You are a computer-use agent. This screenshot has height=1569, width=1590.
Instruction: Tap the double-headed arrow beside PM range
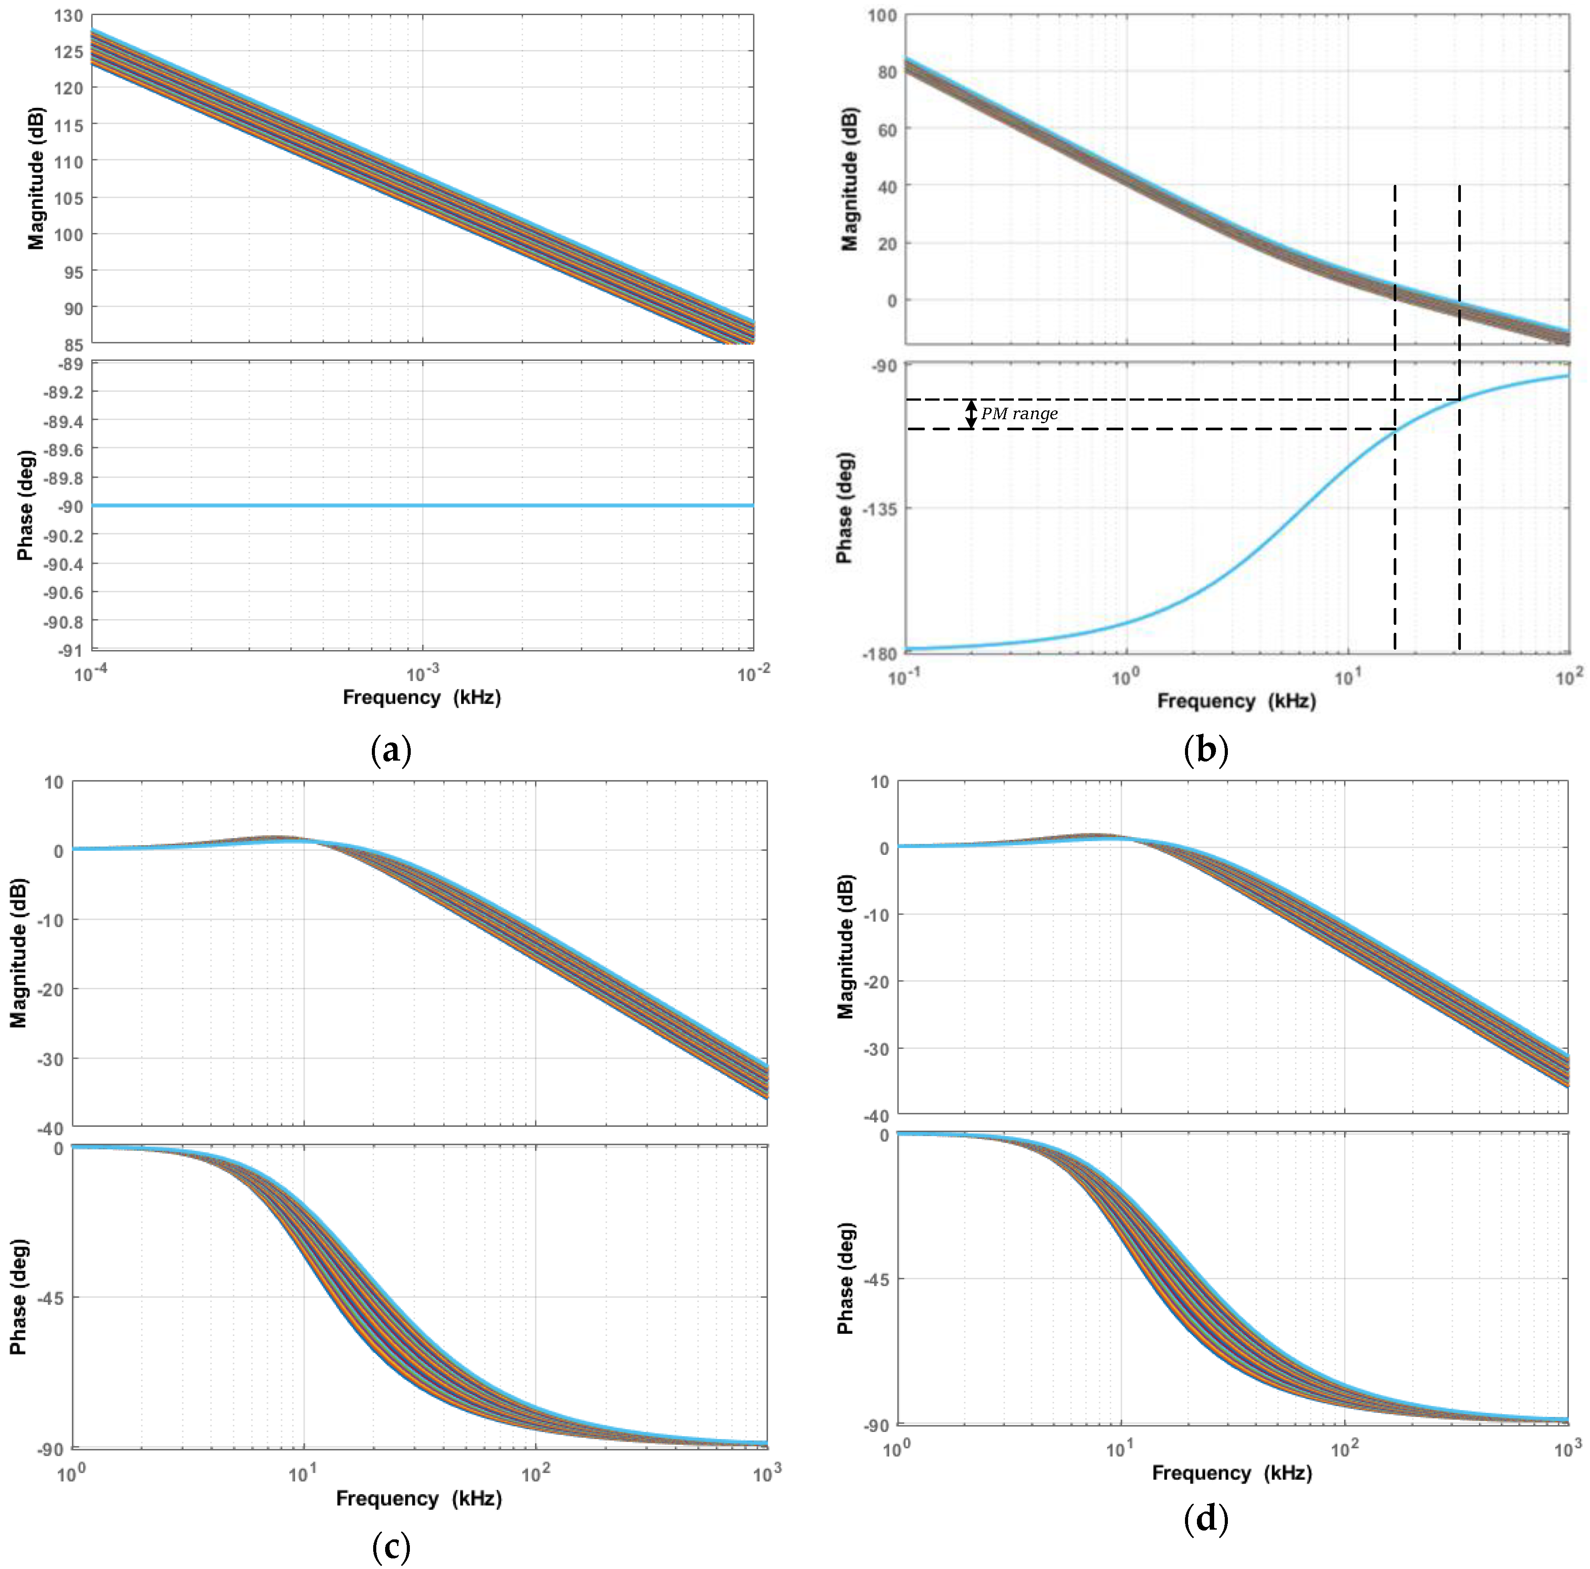[x=971, y=414]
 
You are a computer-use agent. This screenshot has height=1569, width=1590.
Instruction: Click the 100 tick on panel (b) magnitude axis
[x=882, y=15]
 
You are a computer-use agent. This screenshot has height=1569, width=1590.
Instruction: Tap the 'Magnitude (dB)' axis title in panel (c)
[x=18, y=953]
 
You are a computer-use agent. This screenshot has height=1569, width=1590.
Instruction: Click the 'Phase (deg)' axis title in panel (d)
[x=845, y=1278]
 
